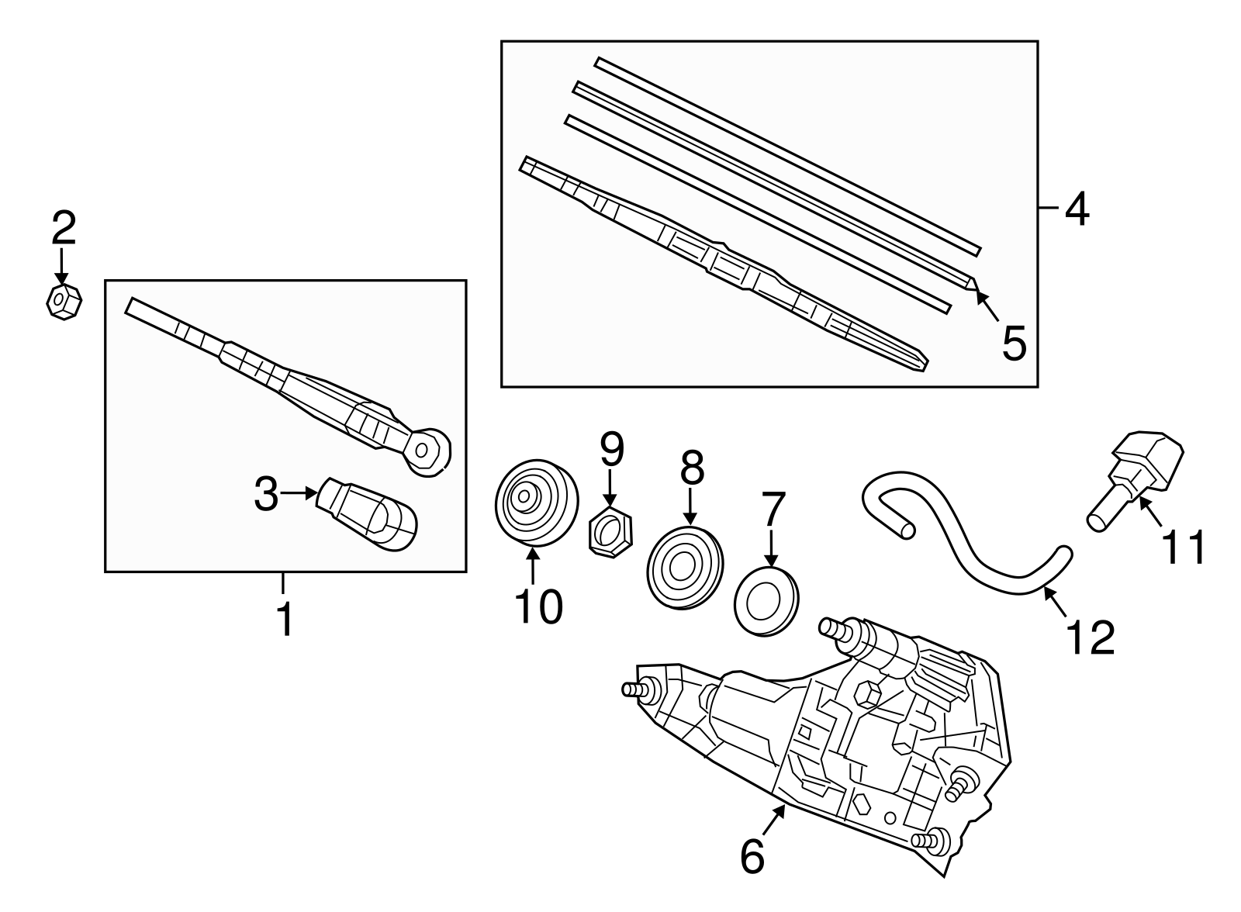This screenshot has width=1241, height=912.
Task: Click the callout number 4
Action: click(x=1077, y=209)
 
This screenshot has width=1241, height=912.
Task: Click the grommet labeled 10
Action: click(x=537, y=503)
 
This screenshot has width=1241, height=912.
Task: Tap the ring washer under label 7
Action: click(x=765, y=599)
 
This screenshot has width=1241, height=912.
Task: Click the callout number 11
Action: click(x=1184, y=548)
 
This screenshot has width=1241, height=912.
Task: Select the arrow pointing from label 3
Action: click(x=298, y=493)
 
